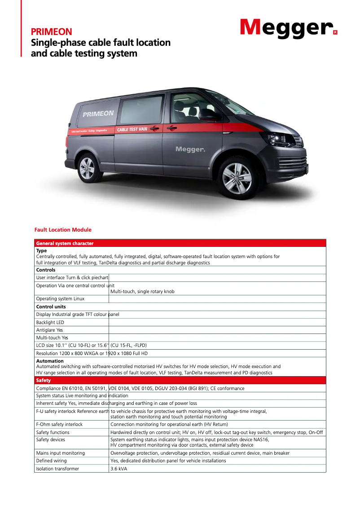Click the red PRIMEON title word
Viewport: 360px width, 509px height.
51,32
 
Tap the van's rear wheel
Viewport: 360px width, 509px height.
87,168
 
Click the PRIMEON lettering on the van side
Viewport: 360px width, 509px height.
98,114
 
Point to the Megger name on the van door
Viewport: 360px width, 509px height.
190,149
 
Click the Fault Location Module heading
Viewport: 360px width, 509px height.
63,230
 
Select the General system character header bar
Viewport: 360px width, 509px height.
65,243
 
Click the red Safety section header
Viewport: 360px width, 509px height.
44,381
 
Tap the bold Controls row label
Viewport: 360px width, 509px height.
46,270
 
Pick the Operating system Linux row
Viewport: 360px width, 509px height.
60,299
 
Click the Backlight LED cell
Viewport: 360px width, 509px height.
50,323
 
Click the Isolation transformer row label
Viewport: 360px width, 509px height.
57,469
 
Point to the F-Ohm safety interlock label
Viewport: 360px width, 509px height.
59,424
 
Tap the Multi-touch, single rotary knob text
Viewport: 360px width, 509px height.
142,292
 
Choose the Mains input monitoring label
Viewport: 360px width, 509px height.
60,453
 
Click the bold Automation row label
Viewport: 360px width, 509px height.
50,361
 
